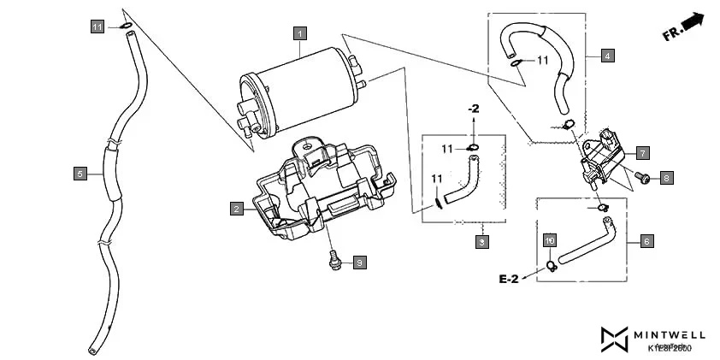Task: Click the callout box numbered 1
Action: point(299,33)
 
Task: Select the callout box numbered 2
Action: point(235,208)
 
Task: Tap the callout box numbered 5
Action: point(80,174)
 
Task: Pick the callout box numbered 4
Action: point(606,56)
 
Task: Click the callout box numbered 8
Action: point(666,178)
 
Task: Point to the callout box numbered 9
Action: point(360,263)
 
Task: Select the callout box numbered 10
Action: point(550,241)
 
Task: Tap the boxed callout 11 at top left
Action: point(98,27)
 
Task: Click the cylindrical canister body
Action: point(299,90)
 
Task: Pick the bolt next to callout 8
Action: point(642,179)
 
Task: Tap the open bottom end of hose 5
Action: point(91,351)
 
